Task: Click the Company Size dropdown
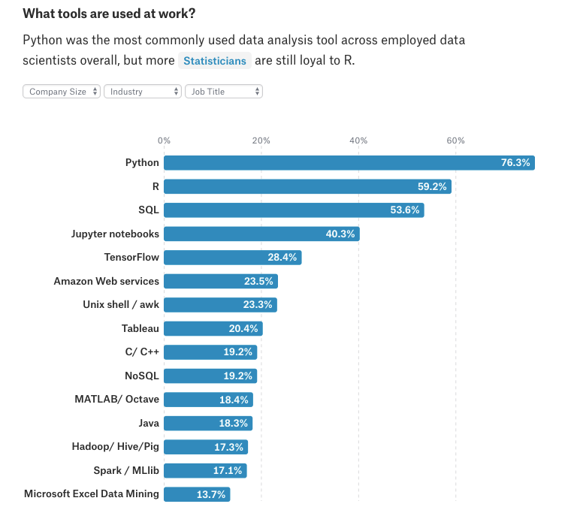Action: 62,92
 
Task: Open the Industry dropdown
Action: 143,92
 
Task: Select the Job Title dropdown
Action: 224,92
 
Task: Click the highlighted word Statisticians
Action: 214,61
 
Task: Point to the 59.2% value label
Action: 433,186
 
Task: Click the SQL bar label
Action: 149,210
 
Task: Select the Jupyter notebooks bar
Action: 261,234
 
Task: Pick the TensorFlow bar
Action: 232,258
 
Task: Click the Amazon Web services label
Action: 106,281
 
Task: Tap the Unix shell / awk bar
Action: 220,305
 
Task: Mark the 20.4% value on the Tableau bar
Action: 243,328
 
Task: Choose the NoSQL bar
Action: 210,376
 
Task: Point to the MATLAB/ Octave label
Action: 116,400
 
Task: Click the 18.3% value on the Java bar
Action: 234,424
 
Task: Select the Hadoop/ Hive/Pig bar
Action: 205,447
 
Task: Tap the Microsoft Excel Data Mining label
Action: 92,494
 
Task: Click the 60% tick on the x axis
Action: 455,140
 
